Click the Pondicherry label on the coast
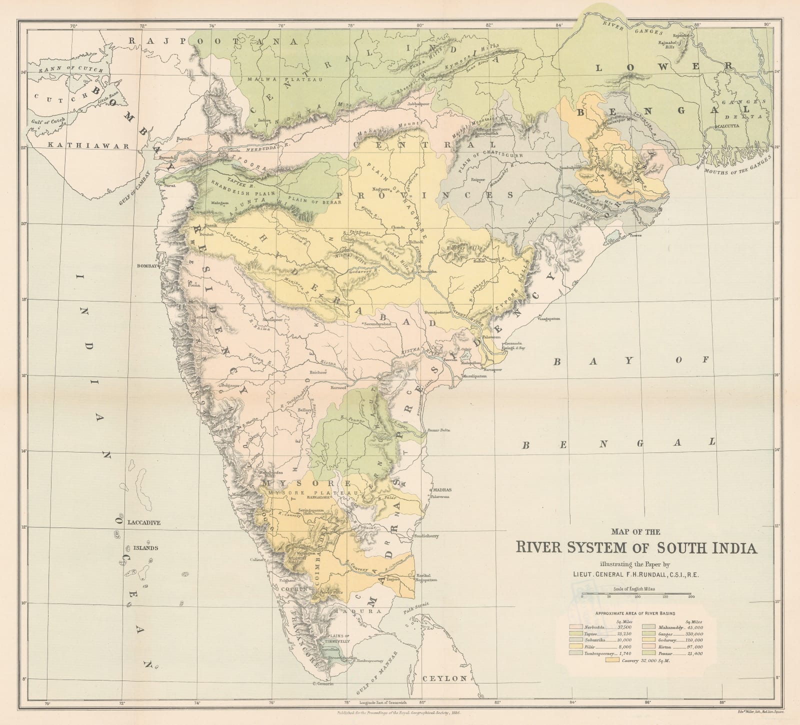tap(425, 535)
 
